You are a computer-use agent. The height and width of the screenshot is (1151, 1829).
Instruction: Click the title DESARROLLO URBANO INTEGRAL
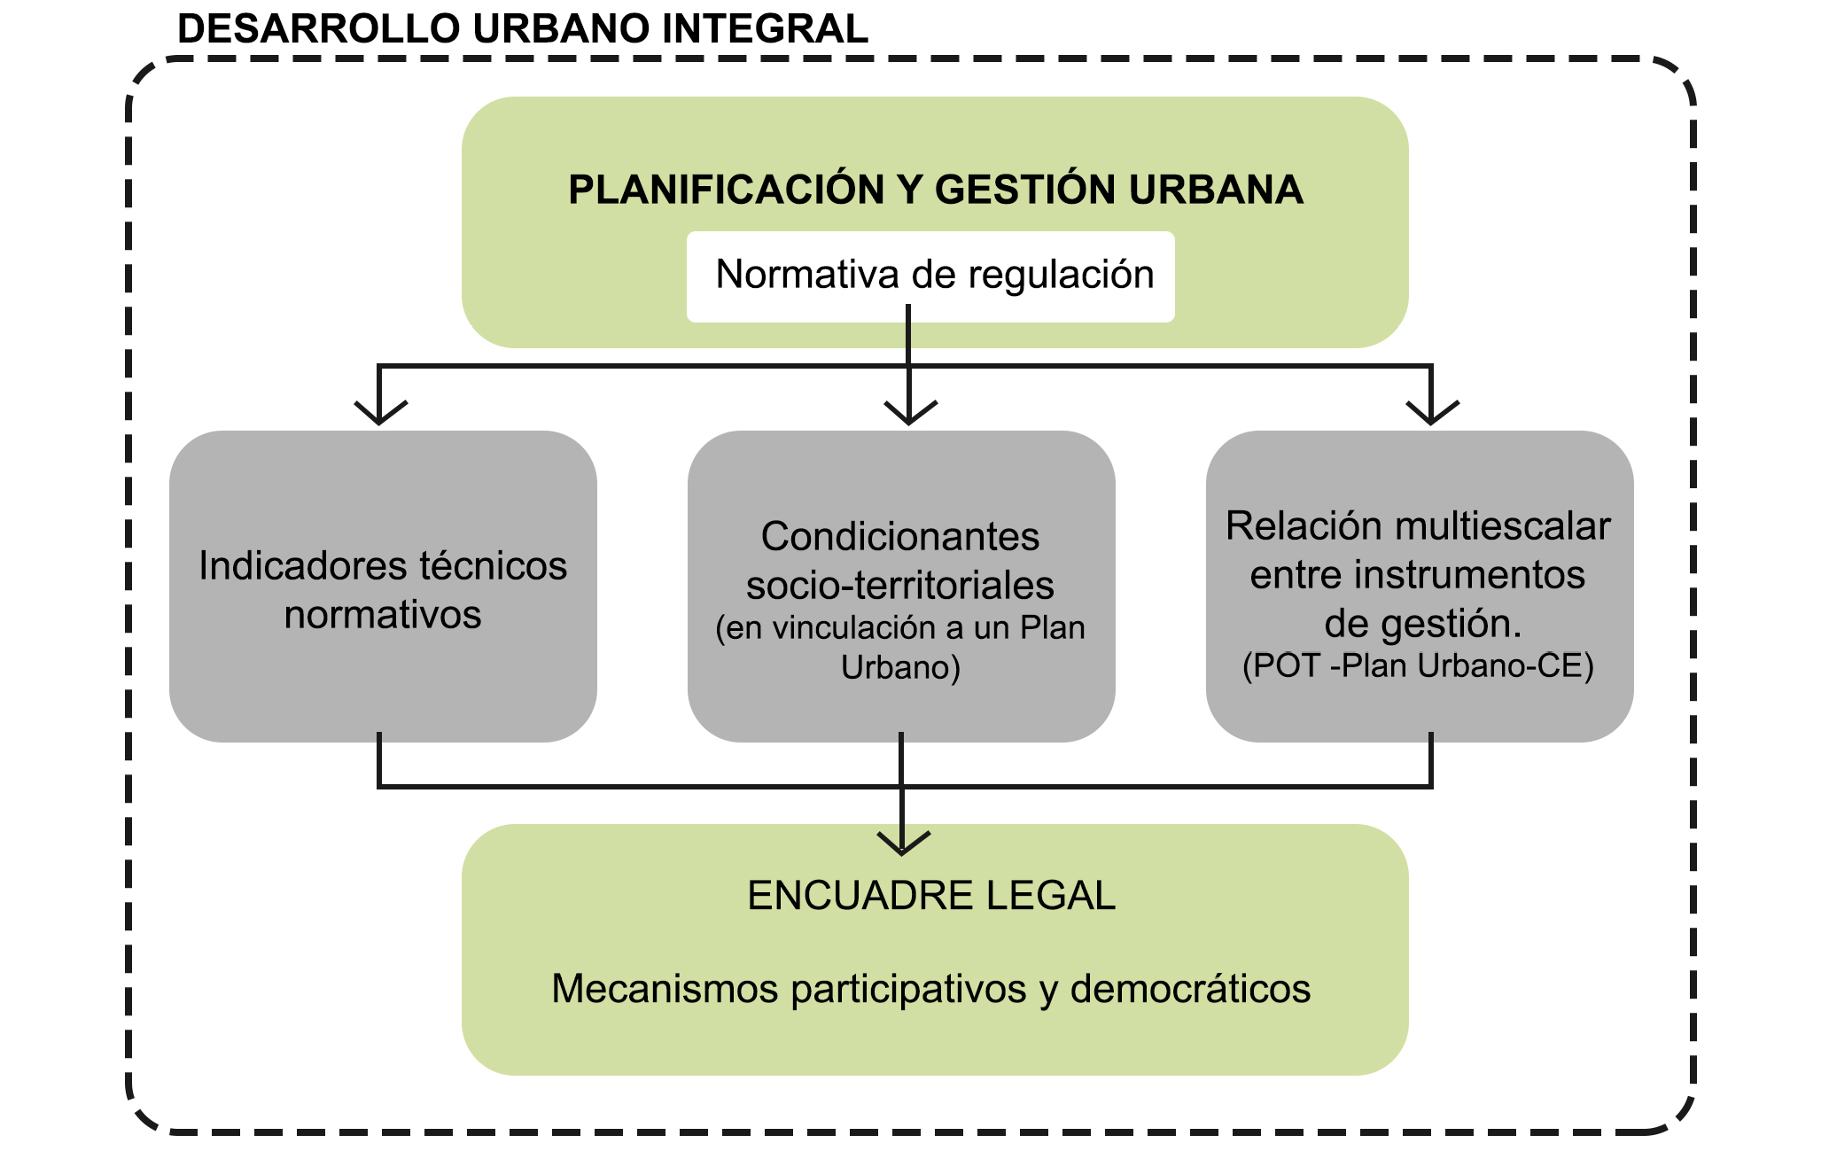click(x=522, y=29)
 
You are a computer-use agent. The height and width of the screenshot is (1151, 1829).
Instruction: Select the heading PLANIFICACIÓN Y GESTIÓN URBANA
click(x=935, y=190)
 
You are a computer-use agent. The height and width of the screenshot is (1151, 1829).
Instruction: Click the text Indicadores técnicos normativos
click(x=383, y=589)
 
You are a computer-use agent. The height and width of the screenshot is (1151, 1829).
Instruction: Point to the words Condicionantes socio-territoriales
click(x=900, y=560)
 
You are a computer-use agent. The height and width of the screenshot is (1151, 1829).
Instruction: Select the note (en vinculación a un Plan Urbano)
click(x=900, y=647)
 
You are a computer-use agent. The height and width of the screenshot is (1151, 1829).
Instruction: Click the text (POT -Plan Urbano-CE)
click(x=1418, y=665)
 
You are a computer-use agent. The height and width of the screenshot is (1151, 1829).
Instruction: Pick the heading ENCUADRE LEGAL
click(x=931, y=896)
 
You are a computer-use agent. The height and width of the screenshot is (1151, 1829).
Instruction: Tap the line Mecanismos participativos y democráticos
click(x=930, y=989)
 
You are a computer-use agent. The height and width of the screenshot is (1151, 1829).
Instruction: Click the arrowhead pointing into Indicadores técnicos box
click(x=380, y=413)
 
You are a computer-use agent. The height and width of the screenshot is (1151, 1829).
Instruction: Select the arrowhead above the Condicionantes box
click(x=910, y=413)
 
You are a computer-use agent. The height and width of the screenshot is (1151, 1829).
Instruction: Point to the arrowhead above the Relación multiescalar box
click(x=1432, y=413)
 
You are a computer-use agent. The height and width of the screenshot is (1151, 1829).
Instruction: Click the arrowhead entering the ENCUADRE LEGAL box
click(x=902, y=843)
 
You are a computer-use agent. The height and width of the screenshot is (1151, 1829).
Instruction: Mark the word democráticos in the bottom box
click(x=1190, y=989)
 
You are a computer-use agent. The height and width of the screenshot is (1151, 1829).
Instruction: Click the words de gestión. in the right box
click(x=1422, y=624)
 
